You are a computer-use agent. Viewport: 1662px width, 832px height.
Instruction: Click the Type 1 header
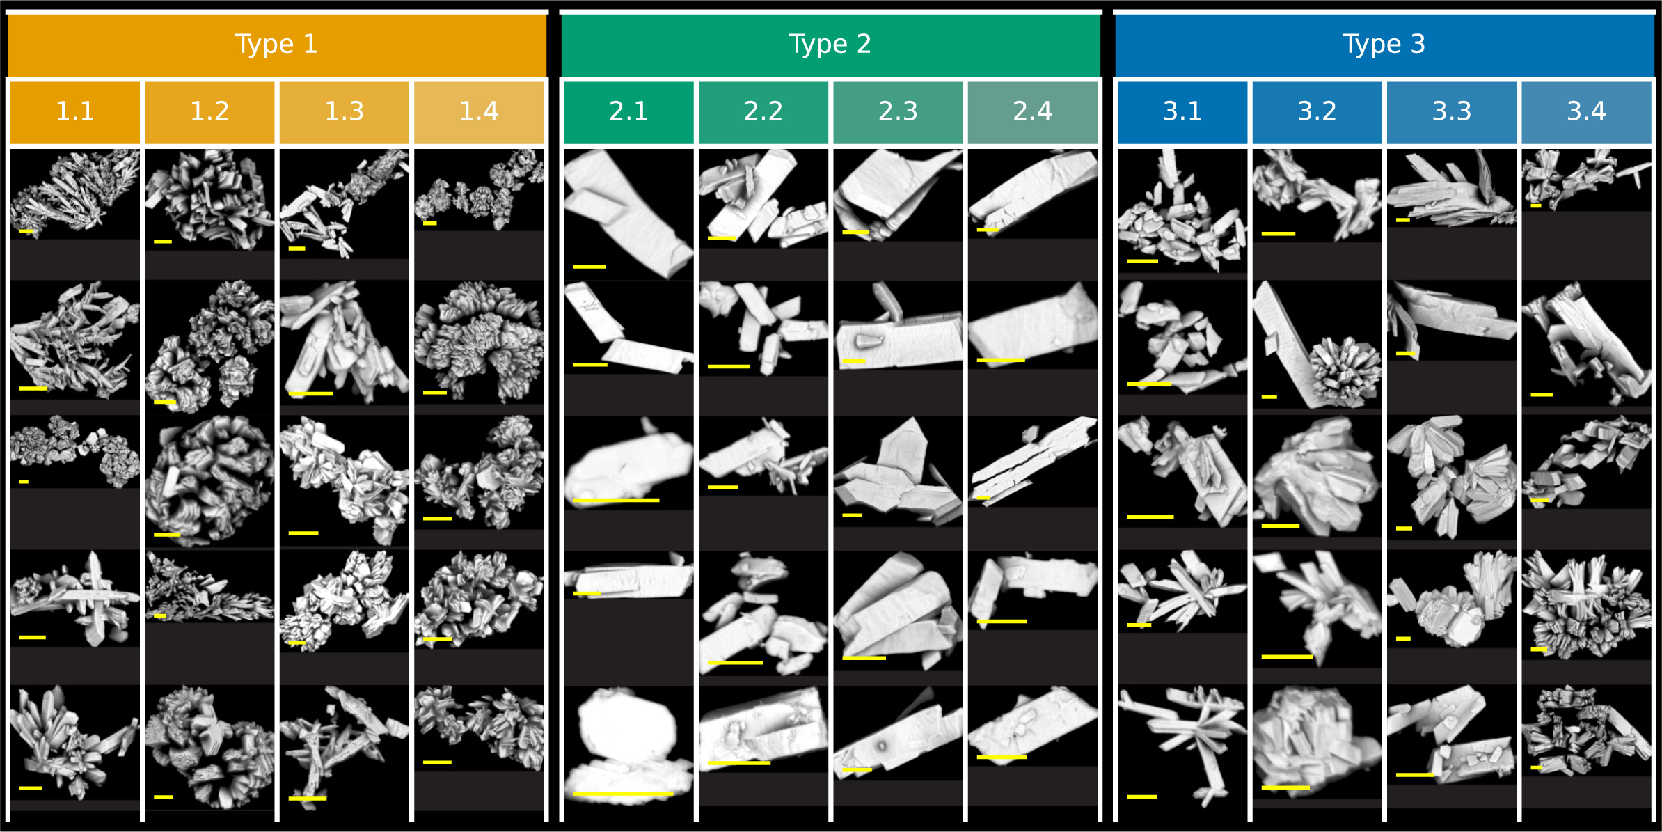pos(276,45)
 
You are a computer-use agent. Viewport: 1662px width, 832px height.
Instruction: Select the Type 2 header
pos(830,45)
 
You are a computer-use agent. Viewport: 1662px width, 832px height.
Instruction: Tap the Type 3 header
pos(1384,45)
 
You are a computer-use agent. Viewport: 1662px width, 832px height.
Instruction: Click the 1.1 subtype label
pos(75,111)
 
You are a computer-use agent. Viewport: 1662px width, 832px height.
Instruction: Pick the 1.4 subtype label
pos(479,111)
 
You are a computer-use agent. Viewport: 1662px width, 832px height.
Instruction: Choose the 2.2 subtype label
pos(763,111)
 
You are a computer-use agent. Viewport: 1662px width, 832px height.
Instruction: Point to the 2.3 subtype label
pos(898,111)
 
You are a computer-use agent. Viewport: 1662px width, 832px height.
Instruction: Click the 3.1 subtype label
pos(1182,111)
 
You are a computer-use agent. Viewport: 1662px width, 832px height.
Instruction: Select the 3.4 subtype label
pos(1586,111)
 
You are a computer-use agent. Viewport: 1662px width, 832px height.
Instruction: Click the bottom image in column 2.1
pos(628,745)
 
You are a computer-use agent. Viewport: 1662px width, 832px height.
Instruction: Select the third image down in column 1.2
pos(209,480)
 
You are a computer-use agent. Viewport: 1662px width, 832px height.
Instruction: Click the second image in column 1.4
pos(479,341)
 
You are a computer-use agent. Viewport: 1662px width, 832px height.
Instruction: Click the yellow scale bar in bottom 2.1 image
pos(623,794)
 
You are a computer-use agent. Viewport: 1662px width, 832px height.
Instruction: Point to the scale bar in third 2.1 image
pos(616,500)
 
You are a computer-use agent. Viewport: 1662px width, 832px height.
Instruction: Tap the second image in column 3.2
pos(1317,345)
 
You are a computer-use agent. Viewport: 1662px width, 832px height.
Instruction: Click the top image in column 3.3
pos(1451,188)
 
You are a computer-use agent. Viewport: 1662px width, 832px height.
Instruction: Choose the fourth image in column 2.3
pos(898,609)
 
